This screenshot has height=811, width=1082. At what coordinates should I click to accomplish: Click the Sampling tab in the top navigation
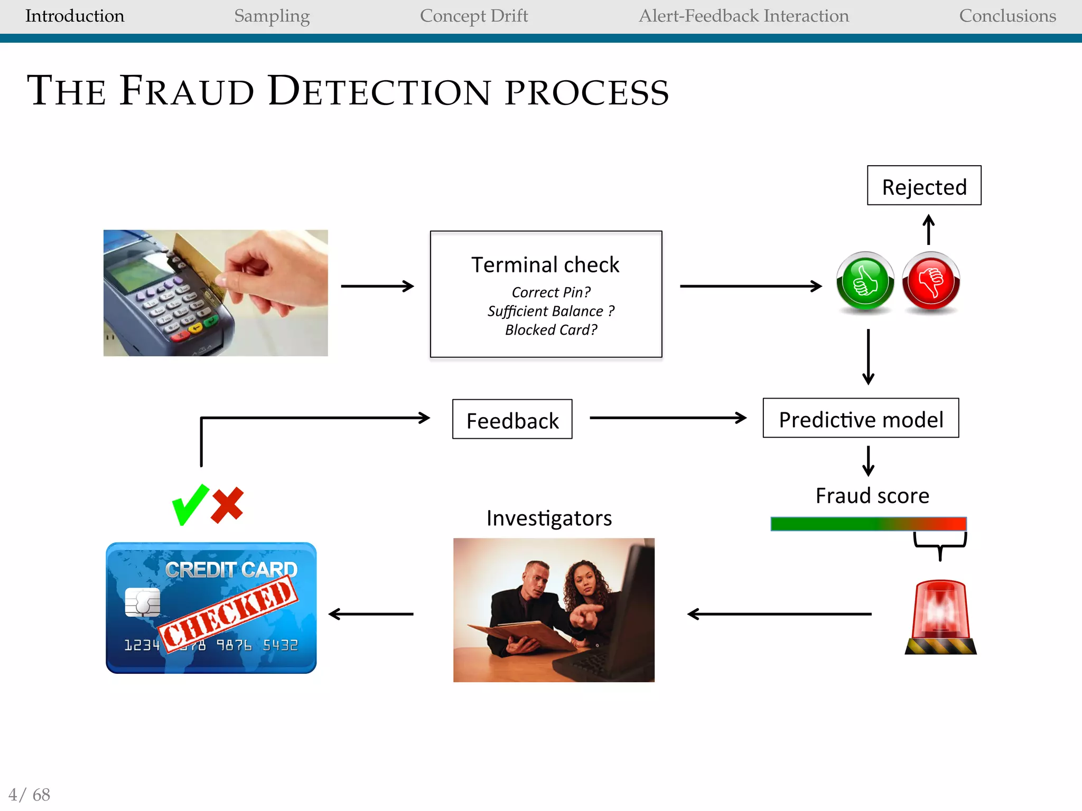point(272,16)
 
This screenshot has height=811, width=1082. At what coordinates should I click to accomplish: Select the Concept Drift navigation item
point(473,16)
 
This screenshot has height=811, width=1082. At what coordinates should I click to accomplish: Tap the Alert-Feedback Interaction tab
point(743,16)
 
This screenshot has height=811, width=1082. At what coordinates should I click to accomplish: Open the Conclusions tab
point(1007,16)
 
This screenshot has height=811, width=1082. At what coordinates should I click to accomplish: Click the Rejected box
point(924,186)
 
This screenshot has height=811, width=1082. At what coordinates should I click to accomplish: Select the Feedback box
point(512,419)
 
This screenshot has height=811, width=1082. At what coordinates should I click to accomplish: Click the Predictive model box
point(861,418)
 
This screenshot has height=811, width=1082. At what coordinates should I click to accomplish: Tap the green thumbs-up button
point(865,281)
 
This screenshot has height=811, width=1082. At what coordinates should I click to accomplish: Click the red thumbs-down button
point(931,281)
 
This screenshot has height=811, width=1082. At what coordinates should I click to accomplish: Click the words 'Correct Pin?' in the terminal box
point(551,292)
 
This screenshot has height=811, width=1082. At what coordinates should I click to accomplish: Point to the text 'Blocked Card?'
point(551,330)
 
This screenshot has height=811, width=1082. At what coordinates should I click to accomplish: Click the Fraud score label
point(872,496)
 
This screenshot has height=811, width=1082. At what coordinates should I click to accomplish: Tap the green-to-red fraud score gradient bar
point(868,524)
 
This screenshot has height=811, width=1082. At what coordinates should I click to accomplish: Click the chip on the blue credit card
point(143,602)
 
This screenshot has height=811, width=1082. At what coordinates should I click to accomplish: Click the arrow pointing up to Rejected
point(928,229)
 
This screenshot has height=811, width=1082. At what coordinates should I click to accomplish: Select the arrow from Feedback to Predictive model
point(668,418)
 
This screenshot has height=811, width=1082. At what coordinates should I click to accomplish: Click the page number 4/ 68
point(30,795)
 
